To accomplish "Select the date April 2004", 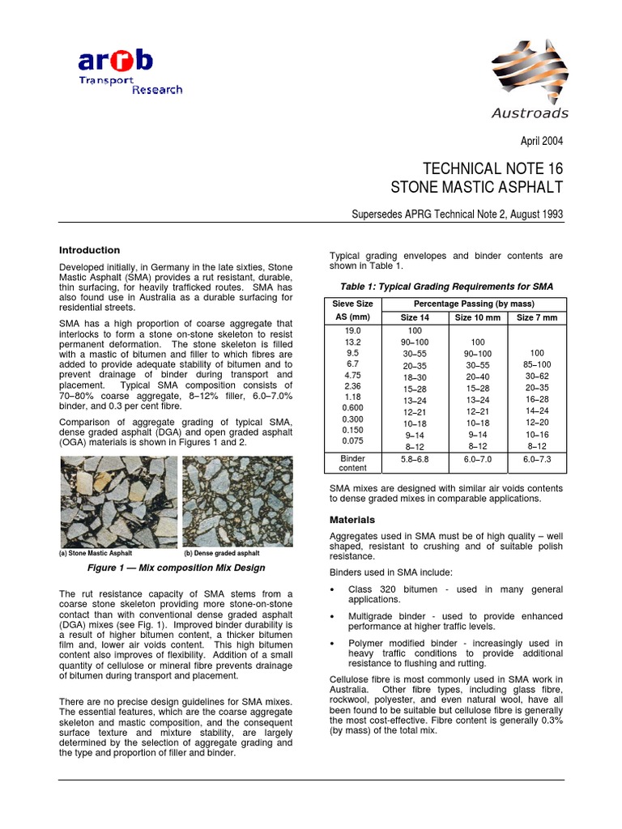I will coord(541,141).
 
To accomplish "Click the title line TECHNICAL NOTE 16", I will coord(493,168).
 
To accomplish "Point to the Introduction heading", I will coord(90,250).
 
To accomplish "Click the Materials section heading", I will coord(352,519).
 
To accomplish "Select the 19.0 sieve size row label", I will coord(351,331).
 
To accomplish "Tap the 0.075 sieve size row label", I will coord(351,440).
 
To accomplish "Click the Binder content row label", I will coord(351,462).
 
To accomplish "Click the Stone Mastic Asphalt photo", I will coord(118,502).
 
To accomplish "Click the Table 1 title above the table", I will coord(446,287).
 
